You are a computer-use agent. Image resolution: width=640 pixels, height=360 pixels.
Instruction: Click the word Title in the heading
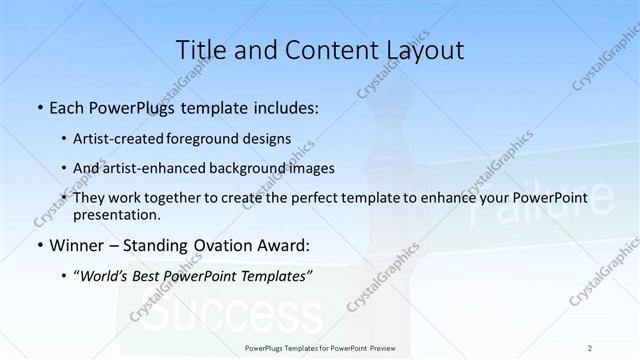tap(199, 50)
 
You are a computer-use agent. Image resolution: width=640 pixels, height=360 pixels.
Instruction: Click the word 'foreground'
tap(207, 139)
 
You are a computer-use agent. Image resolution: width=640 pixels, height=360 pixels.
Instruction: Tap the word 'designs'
tap(268, 139)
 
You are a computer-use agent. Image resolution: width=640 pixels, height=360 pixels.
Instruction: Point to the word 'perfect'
tap(328, 198)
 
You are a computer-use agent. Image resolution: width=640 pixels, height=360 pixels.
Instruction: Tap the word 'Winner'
tap(75, 245)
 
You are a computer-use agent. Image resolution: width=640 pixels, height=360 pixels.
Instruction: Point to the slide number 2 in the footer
tap(590, 347)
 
